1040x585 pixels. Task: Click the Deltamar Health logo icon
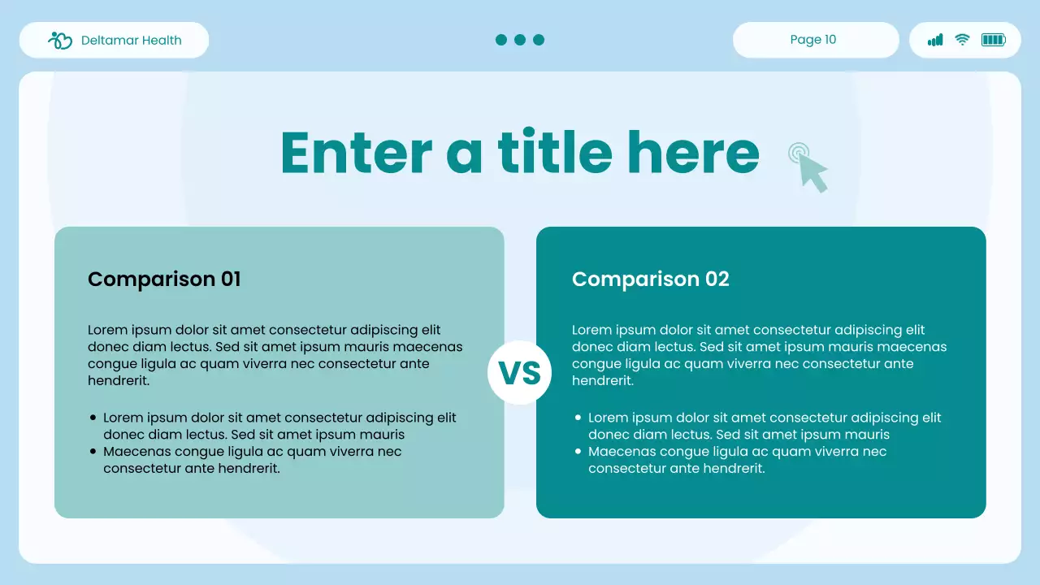click(60, 41)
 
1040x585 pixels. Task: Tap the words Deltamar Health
click(131, 41)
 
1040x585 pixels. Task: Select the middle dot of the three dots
click(520, 40)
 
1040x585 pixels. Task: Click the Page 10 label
click(813, 40)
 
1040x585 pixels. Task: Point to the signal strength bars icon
click(935, 40)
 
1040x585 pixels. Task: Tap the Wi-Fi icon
click(963, 40)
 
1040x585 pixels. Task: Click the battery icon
click(994, 40)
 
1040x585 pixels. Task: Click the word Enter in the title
click(357, 152)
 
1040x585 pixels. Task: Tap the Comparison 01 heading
click(164, 279)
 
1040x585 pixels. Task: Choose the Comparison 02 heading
click(651, 279)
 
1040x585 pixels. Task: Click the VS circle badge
click(519, 372)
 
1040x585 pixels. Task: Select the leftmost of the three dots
click(501, 40)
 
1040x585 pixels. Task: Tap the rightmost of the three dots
click(539, 40)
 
